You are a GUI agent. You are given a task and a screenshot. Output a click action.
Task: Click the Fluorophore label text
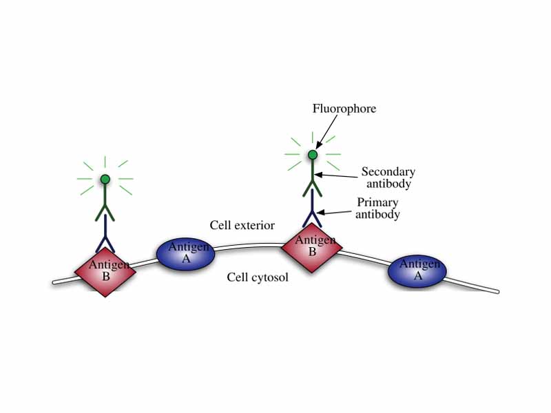344,109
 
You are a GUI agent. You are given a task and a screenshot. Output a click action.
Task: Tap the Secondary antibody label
388,178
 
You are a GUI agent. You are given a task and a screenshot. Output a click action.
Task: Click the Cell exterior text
242,225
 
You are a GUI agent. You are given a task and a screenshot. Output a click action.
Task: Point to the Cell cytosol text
258,277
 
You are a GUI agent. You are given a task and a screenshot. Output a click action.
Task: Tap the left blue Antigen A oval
186,254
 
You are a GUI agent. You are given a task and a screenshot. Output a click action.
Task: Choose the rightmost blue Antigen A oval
417,270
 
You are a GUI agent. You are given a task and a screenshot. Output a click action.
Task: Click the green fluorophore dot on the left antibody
105,180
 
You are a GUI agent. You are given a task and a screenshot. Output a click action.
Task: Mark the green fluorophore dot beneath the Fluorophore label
313,155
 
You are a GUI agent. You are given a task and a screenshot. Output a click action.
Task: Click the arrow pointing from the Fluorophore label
326,131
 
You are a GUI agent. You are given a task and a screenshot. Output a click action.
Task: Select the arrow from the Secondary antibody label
337,176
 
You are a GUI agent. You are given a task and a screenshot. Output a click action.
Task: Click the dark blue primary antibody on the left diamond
105,234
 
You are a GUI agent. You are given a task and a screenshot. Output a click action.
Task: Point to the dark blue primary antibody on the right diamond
313,209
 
